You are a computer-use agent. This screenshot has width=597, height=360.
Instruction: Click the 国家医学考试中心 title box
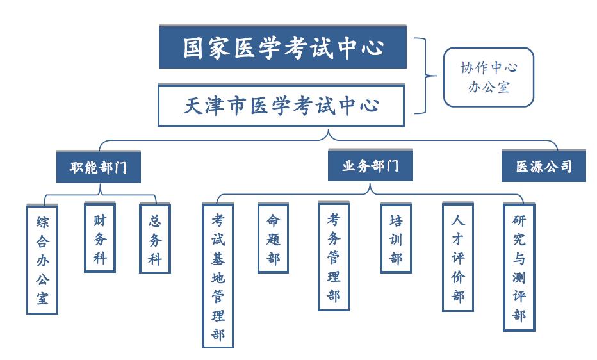tap(282, 47)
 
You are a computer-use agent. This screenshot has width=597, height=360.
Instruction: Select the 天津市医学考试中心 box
tap(281, 106)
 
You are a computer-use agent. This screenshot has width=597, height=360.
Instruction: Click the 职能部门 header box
tap(99, 167)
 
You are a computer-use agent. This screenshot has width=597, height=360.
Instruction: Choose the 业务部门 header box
tap(370, 165)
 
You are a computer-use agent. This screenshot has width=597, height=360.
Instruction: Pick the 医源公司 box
tap(544, 166)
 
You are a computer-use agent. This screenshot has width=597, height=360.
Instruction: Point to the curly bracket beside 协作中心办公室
tap(426, 76)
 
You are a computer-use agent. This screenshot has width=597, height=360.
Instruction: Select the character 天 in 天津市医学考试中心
tap(194, 106)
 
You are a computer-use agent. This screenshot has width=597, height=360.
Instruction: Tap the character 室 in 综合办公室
tap(42, 298)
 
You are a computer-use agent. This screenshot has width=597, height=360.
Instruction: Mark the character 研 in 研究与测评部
tap(519, 220)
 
